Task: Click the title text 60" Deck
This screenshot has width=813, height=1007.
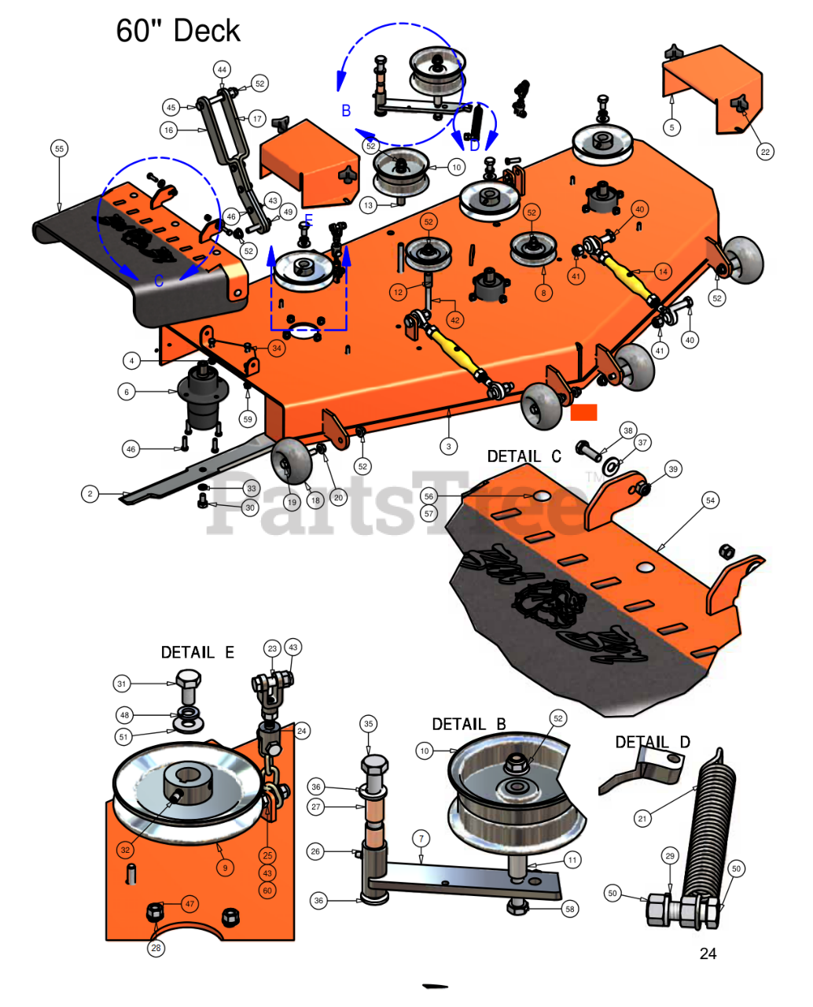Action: pyautogui.click(x=178, y=31)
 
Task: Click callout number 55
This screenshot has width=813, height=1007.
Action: pyautogui.click(x=59, y=149)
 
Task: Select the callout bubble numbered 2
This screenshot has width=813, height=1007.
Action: pyautogui.click(x=90, y=494)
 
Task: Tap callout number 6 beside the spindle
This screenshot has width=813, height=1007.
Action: pyautogui.click(x=127, y=391)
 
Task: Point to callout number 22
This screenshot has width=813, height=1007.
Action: pyautogui.click(x=765, y=152)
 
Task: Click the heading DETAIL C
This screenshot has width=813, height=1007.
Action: pyautogui.click(x=524, y=456)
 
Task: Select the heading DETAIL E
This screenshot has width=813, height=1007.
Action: pyautogui.click(x=197, y=652)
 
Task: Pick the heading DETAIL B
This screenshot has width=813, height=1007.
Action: pyautogui.click(x=469, y=724)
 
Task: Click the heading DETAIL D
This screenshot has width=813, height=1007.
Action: pyautogui.click(x=653, y=742)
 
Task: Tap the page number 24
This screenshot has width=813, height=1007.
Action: pyautogui.click(x=708, y=954)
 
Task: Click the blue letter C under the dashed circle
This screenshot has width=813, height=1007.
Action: pyautogui.click(x=159, y=281)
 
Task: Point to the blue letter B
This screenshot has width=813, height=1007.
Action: pyautogui.click(x=346, y=111)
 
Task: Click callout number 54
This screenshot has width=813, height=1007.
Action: pyautogui.click(x=710, y=500)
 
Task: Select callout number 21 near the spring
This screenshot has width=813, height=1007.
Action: pyautogui.click(x=642, y=819)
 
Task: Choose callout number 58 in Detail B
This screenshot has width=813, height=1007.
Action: pyautogui.click(x=570, y=909)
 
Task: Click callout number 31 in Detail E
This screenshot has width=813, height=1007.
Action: pyautogui.click(x=121, y=684)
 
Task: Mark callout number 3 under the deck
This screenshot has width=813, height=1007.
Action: pyautogui.click(x=448, y=446)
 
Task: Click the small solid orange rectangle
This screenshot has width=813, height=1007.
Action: pyautogui.click(x=583, y=412)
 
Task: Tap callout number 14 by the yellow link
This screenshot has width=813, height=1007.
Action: pyautogui.click(x=663, y=271)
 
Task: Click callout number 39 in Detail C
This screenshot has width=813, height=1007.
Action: pyautogui.click(x=672, y=470)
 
